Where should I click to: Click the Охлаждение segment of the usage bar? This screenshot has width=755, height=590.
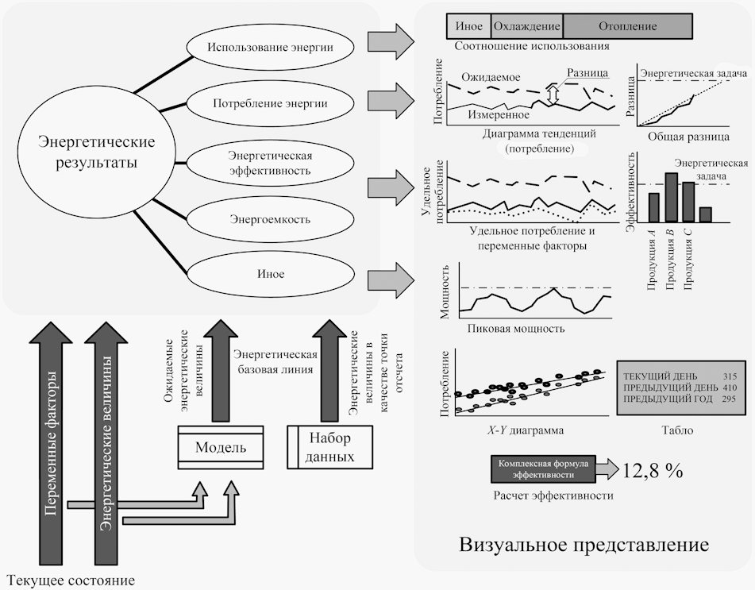[527, 26]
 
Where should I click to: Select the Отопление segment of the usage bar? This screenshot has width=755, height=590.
[627, 26]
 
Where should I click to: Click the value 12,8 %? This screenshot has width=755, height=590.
[653, 469]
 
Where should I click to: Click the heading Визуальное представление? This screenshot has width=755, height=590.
[584, 546]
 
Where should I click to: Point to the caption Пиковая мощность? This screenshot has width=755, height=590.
[516, 328]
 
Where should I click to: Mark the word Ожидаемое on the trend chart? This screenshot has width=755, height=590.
[493, 79]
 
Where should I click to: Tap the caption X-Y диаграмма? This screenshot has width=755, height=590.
[526, 430]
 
